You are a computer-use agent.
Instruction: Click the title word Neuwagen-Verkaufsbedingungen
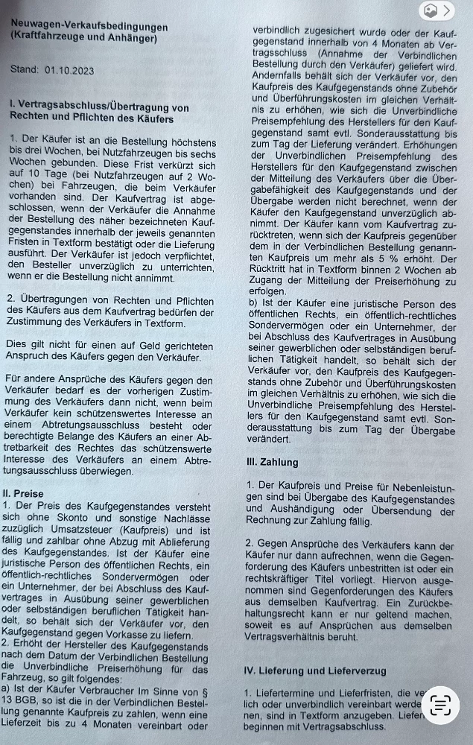click(x=89, y=25)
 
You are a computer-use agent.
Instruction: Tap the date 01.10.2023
click(x=69, y=70)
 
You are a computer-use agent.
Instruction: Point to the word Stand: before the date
click(x=24, y=70)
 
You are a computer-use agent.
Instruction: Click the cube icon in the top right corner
click(x=430, y=10)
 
